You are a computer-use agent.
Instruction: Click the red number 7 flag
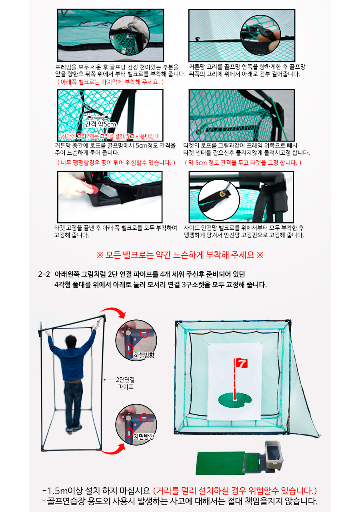[x=241, y=363]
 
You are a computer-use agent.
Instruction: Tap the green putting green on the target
[x=235, y=400]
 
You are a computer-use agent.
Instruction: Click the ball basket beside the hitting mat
[x=274, y=453]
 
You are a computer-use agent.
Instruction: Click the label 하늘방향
[x=144, y=355]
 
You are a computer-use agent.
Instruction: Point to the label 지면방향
[x=144, y=436]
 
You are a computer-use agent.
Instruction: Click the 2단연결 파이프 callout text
[x=125, y=383]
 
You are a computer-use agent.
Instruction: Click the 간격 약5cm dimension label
[x=101, y=124]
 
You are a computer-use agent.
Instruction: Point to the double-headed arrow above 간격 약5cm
[x=98, y=117]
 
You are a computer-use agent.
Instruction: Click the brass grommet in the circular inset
[x=222, y=194]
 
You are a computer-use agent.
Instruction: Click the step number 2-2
[x=44, y=274]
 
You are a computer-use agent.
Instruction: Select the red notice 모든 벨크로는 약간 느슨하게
[x=180, y=255]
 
